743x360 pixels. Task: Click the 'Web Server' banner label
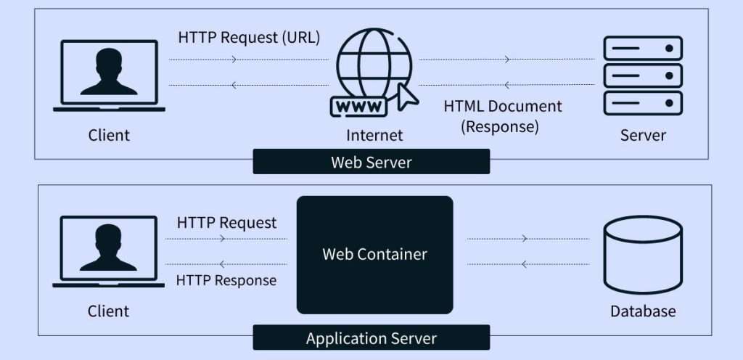click(x=371, y=162)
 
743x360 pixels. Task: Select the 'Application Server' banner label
click(x=371, y=338)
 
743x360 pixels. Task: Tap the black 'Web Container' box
click(x=374, y=255)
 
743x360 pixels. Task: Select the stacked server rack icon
click(x=643, y=75)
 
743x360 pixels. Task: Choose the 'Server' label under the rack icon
click(x=643, y=135)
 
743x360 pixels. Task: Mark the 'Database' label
click(x=643, y=311)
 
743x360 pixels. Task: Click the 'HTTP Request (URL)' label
click(x=249, y=37)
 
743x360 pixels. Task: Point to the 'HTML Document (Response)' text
click(x=502, y=116)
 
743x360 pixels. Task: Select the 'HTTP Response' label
click(x=226, y=280)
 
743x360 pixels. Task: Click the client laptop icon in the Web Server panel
click(x=109, y=75)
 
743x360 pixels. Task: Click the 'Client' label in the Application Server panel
click(x=108, y=311)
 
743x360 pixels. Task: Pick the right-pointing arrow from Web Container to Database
click(x=525, y=238)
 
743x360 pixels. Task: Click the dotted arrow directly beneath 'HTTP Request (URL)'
click(x=234, y=59)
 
